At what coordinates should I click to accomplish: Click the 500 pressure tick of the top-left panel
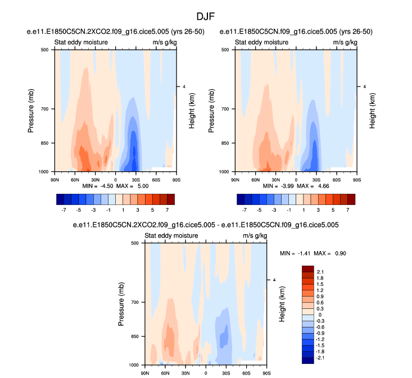44,50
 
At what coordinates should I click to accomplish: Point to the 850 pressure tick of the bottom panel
135,337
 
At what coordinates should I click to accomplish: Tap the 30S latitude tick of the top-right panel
316,180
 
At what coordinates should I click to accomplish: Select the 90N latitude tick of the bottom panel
144,374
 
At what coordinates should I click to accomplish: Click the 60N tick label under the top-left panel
75,180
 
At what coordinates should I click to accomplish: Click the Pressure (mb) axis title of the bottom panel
121,304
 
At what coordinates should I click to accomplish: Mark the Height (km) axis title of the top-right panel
372,110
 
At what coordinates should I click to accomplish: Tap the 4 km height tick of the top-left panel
183,86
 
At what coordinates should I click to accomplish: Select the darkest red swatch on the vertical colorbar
307,268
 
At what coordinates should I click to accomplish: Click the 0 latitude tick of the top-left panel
115,180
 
